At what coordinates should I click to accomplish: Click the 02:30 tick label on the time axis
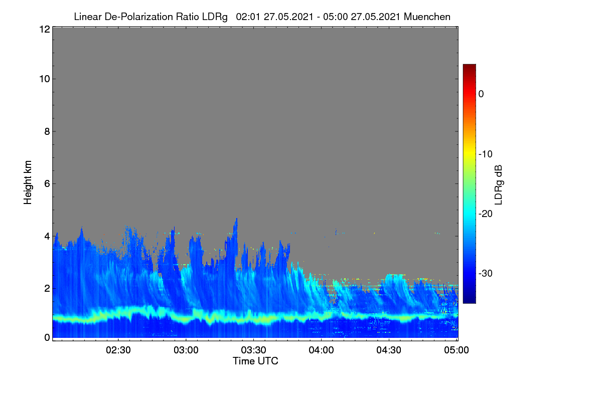118,350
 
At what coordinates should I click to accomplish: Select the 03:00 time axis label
186,350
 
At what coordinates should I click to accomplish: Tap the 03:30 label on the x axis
253,350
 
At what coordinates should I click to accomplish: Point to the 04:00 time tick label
321,350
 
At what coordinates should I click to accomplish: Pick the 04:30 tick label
389,350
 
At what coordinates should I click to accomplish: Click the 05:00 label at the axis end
457,350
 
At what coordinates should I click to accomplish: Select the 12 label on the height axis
45,29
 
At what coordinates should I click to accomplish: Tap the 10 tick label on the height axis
45,79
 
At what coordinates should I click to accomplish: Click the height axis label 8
47,131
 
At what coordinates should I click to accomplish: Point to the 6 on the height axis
47,184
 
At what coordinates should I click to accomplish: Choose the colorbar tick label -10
486,154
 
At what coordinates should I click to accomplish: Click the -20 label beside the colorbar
486,214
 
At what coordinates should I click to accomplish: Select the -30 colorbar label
486,273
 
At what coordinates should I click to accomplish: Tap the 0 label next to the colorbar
481,94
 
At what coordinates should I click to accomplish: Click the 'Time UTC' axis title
255,361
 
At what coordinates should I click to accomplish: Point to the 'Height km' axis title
28,182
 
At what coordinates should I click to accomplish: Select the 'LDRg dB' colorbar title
498,185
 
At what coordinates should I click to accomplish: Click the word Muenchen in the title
427,17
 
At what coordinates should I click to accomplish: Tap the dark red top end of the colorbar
469,66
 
